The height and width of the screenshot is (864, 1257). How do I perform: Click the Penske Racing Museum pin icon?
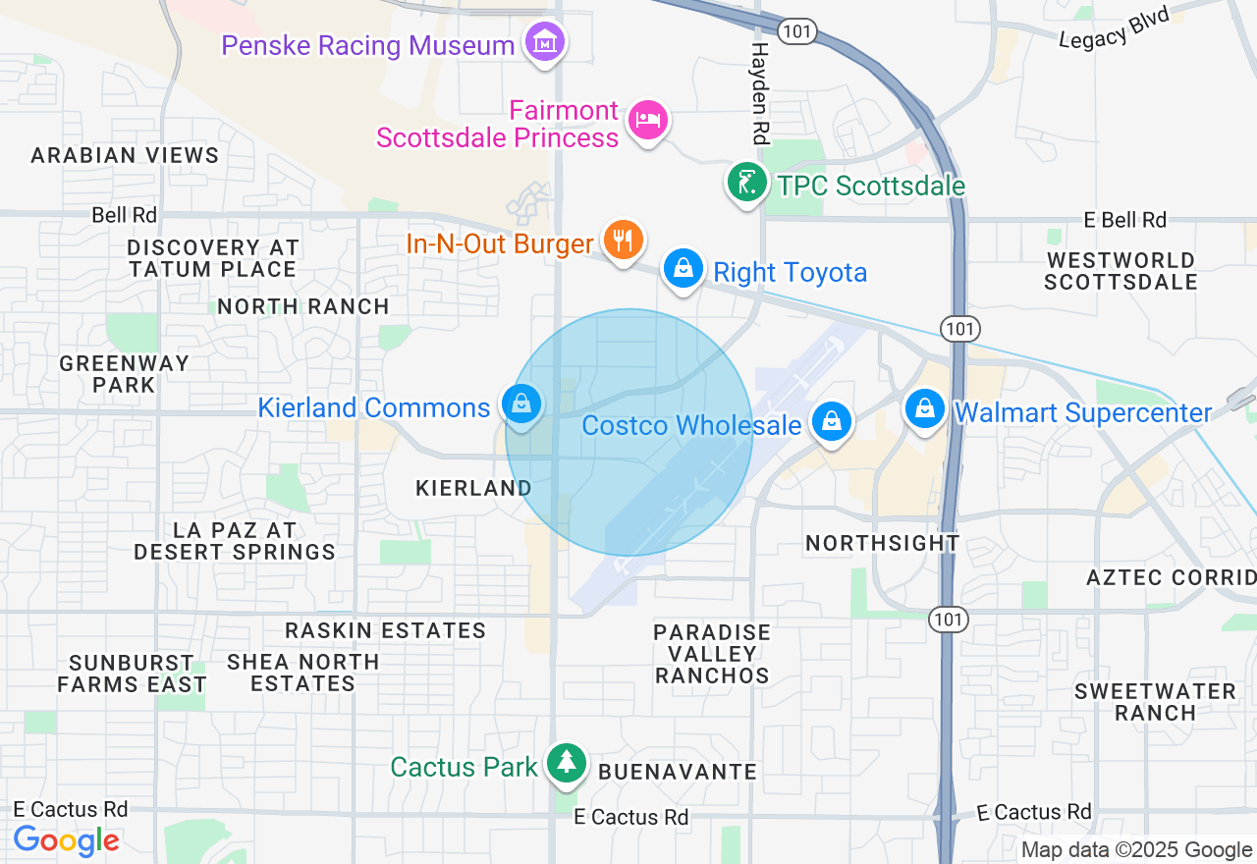point(544,42)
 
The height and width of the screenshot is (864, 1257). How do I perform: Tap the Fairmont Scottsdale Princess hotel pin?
point(647,121)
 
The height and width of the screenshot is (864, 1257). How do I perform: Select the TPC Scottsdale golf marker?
point(746,182)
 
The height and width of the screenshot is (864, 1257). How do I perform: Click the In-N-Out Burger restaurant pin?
point(623,239)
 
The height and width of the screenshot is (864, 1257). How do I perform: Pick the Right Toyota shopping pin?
point(683,268)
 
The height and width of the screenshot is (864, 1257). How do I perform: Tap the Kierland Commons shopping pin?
point(521,404)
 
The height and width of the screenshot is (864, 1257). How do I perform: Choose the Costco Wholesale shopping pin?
point(832,422)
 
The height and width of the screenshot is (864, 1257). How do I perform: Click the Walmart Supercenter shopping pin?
point(924,408)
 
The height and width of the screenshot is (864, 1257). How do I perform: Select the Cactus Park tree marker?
point(566,763)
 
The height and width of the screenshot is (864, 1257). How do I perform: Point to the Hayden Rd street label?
point(761,93)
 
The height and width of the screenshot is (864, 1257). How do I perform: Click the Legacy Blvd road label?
point(1115,27)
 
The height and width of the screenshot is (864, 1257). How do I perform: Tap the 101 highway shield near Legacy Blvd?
point(797,31)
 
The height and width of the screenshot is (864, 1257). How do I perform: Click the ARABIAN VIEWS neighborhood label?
point(125,155)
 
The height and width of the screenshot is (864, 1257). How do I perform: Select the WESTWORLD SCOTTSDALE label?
point(1120,271)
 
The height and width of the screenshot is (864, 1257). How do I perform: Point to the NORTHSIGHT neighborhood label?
point(882,543)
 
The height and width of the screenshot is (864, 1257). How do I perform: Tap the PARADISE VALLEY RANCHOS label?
point(713,654)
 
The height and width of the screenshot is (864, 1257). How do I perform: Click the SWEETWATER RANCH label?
point(1155,702)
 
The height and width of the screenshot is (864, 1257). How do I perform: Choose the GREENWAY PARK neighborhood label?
point(124,374)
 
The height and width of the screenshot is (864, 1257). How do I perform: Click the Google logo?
point(67,840)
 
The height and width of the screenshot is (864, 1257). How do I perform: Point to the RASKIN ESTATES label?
point(386,630)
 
